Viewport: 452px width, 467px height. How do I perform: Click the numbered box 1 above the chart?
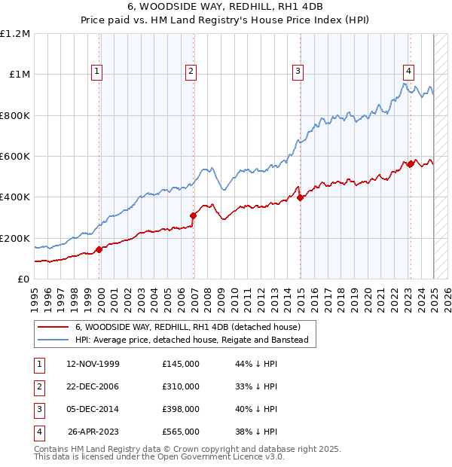pyautogui.click(x=98, y=72)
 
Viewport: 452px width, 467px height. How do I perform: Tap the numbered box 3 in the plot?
pyautogui.click(x=298, y=72)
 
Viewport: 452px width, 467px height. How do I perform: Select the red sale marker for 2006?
pyautogui.click(x=194, y=215)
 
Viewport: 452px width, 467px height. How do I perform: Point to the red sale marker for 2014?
pyautogui.click(x=301, y=197)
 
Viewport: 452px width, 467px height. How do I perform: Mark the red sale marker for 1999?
pyautogui.click(x=99, y=249)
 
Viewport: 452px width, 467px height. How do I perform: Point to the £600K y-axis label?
pyautogui.click(x=15, y=157)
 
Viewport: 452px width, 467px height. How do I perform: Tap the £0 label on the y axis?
pyautogui.click(x=23, y=279)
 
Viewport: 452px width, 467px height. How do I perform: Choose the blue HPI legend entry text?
pyautogui.click(x=196, y=340)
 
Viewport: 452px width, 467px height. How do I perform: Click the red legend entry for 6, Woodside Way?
pyautogui.click(x=188, y=327)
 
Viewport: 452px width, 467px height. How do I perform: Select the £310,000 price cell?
pyautogui.click(x=181, y=386)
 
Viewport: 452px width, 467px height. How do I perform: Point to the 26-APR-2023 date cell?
pyautogui.click(x=93, y=432)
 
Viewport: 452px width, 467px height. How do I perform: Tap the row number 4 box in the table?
pyautogui.click(x=38, y=432)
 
